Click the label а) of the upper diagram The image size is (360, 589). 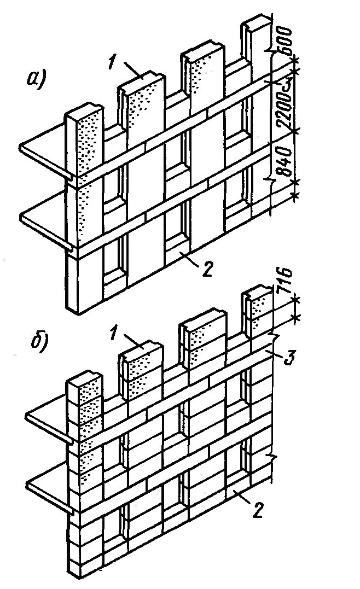pos(37,80)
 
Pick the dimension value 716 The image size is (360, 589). pos(287,283)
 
